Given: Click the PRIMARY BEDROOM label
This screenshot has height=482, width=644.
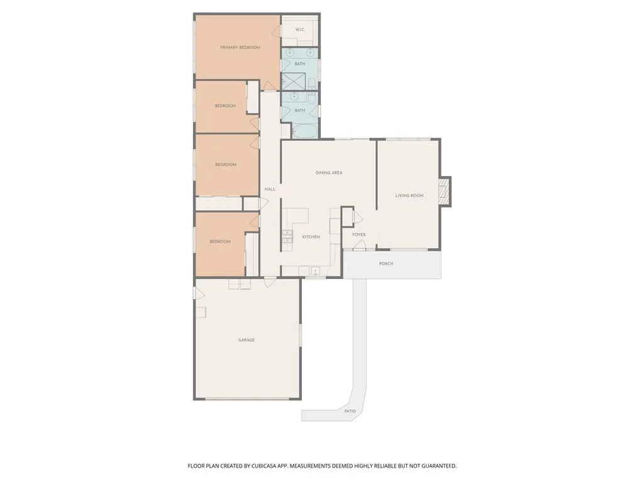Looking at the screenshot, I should click(x=240, y=47).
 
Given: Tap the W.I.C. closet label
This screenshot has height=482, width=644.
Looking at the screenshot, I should click(x=300, y=30).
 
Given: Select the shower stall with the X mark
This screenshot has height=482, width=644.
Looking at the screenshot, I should click(x=292, y=81).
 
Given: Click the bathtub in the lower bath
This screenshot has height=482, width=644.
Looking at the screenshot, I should click(x=305, y=131).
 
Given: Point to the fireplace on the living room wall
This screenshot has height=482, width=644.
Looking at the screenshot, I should click(x=445, y=192).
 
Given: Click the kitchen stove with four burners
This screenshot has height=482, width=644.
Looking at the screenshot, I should click(x=287, y=236).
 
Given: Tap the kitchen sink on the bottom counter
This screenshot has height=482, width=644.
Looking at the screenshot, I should click(x=315, y=271).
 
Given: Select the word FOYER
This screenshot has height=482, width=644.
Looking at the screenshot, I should click(x=358, y=234).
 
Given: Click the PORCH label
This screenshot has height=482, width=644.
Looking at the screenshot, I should click(x=386, y=263).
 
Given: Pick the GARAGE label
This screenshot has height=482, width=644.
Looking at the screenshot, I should click(x=247, y=340).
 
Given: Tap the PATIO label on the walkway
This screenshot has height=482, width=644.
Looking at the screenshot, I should click(x=350, y=411).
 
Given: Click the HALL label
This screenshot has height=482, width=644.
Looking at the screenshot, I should click(x=270, y=189).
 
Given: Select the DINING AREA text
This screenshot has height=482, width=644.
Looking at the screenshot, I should click(x=328, y=172).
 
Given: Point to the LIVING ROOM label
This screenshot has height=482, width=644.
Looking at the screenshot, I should click(x=409, y=195).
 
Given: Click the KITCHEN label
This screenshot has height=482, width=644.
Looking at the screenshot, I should click(x=311, y=237).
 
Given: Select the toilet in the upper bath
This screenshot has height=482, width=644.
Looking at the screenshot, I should click(x=311, y=82).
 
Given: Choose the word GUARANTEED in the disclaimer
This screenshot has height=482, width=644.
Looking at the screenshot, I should click(x=434, y=466).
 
